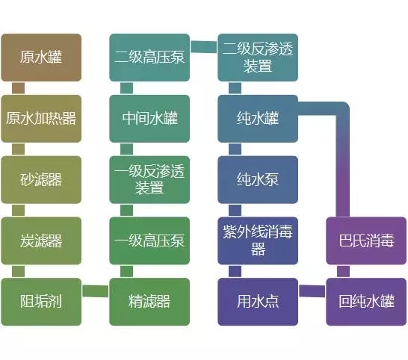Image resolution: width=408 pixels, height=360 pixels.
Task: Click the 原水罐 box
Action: (x=41, y=58)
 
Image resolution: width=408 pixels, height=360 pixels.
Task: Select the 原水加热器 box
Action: (x=41, y=118)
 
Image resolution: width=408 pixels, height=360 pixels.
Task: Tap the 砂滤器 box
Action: (x=41, y=179)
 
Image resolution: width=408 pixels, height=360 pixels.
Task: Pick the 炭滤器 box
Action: (x=41, y=240)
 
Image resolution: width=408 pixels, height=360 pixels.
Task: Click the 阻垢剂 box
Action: (x=41, y=302)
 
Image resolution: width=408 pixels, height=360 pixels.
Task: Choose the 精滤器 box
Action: (x=149, y=302)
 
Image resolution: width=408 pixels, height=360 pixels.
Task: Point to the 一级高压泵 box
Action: (x=149, y=240)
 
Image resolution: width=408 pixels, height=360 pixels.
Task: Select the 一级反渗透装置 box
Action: (x=149, y=179)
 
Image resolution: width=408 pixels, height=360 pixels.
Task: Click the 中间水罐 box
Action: (x=149, y=118)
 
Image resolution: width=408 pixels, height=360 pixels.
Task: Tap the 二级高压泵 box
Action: (x=149, y=58)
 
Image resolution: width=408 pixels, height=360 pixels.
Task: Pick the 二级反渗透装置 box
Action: (x=258, y=58)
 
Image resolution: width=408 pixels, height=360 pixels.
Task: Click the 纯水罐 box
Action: (x=258, y=118)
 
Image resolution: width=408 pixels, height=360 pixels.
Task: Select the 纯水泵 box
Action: (x=258, y=179)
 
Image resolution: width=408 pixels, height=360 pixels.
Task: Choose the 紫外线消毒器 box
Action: (x=258, y=240)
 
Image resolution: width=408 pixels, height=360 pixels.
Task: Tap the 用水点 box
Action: (x=258, y=302)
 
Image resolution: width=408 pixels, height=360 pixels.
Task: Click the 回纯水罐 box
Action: (x=366, y=302)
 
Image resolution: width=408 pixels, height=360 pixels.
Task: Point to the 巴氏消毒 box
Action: (x=366, y=240)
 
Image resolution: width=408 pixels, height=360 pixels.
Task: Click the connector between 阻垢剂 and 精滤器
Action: (x=96, y=291)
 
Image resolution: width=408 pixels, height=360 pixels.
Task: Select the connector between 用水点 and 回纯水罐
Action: (x=312, y=291)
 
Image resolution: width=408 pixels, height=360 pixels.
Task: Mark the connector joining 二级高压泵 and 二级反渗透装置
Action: (x=204, y=46)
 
